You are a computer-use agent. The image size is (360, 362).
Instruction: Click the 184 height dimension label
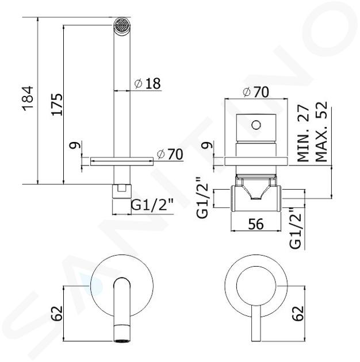tap(28, 98)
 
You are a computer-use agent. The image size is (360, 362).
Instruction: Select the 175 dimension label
tap(57, 105)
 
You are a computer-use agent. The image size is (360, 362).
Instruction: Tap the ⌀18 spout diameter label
tap(147, 83)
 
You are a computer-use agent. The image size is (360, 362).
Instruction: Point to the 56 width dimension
tap(256, 224)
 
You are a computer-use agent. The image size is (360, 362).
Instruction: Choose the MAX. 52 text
tap(321, 132)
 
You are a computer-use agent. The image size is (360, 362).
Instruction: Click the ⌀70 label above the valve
tap(256, 92)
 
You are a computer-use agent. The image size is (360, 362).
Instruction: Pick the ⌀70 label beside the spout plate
tap(170, 154)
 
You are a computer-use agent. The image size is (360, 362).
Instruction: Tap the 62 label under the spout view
tap(57, 313)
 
